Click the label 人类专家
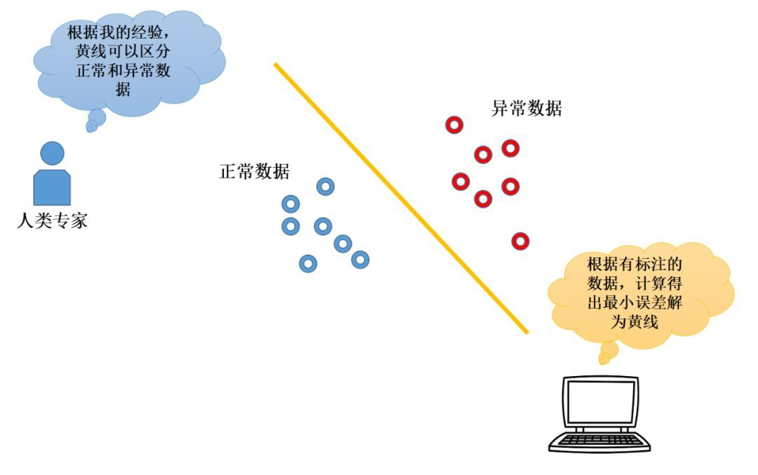pos(52,221)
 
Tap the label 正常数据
pos(254,171)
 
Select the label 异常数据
pos(526,108)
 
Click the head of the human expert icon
pos(52,153)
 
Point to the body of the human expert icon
pos(52,187)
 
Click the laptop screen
pos(601,401)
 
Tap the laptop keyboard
pos(599,440)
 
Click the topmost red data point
pos(454,125)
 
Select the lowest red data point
pos(521,241)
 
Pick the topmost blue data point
pos(326,187)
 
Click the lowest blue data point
pos(308,264)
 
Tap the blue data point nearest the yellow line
pos(360,260)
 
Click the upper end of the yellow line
pos(275,65)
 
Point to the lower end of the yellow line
pos(527,333)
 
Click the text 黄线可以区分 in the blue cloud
pos(123,51)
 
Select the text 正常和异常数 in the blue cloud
pos(123,71)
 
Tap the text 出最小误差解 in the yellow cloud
pos(634,302)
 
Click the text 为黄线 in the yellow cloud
pos(634,322)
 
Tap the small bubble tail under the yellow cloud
pos(608,352)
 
